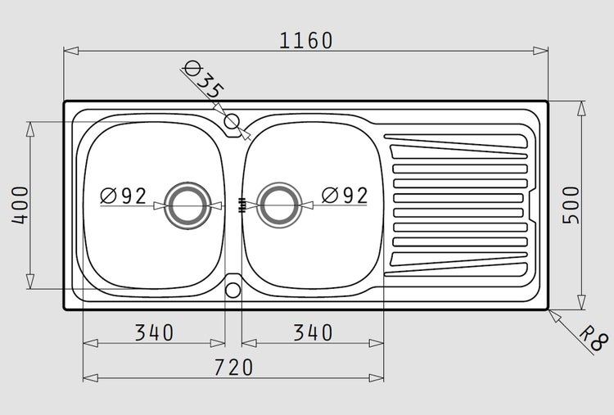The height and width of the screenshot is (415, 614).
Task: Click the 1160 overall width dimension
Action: coord(306,41)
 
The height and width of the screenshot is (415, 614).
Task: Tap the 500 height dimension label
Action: coord(571,205)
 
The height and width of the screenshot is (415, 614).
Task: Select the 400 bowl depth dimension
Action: coord(20,205)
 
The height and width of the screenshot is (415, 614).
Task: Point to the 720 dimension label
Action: coord(234,368)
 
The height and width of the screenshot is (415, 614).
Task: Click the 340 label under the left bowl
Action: coord(154,333)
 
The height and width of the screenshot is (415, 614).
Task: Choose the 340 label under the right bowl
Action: coord(313,333)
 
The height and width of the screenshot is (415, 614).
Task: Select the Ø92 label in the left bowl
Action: coord(124,196)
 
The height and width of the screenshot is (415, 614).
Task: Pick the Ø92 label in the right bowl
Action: coord(345,196)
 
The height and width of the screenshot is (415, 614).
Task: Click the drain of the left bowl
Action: coord(187,205)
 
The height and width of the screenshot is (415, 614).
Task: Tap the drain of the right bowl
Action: coord(279,205)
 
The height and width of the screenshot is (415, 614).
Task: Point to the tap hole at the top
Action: coord(232,121)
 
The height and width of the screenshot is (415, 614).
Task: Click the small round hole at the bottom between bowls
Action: coord(233,290)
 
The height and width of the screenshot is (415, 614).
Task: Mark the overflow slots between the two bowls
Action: coord(242,205)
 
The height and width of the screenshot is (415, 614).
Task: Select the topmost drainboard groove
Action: coord(456,142)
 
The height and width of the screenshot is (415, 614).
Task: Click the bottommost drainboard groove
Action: coord(456,269)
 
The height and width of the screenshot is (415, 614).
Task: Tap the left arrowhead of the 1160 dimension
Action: coord(71,51)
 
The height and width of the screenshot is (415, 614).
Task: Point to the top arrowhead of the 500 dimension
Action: coord(582,108)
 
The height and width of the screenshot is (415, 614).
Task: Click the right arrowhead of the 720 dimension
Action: coord(377,378)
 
